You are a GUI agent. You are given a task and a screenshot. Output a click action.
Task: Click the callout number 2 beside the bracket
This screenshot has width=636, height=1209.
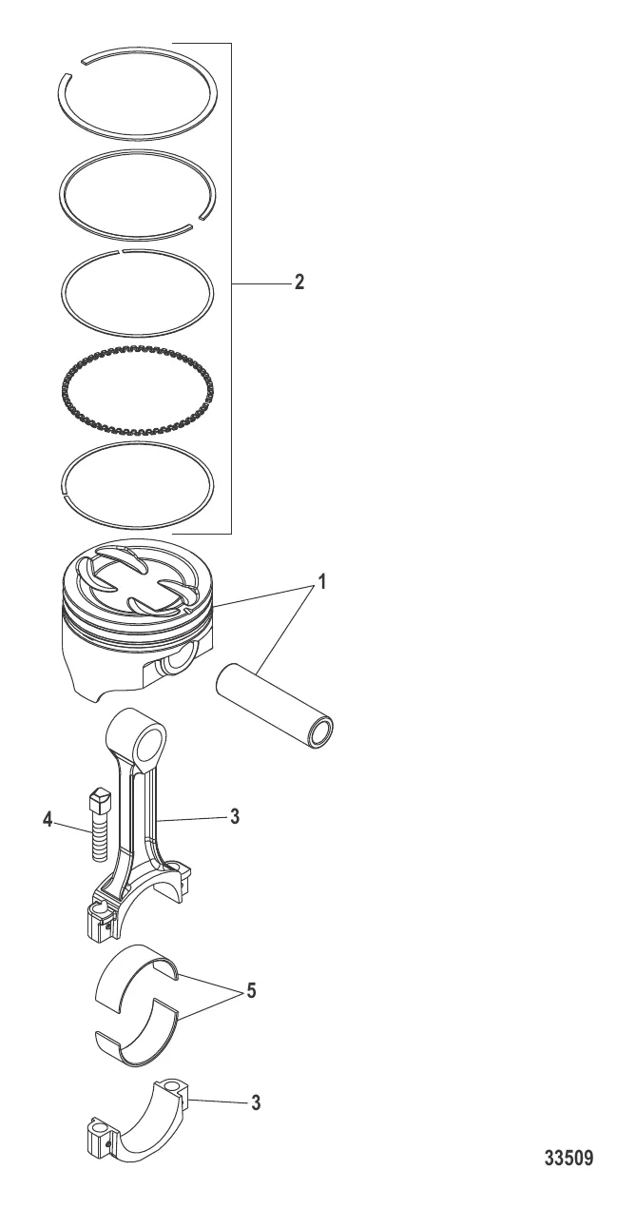[299, 282]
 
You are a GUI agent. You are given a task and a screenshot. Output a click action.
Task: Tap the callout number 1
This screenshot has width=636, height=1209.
[321, 582]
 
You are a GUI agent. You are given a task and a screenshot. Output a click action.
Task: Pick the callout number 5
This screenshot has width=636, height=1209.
[251, 991]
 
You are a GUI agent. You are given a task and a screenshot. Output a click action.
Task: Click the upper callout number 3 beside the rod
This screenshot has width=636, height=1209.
[234, 816]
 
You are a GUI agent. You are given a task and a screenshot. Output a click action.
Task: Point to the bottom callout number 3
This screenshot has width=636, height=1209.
[256, 1102]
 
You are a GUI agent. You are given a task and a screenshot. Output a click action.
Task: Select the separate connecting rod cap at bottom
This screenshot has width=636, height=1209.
[136, 1134]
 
